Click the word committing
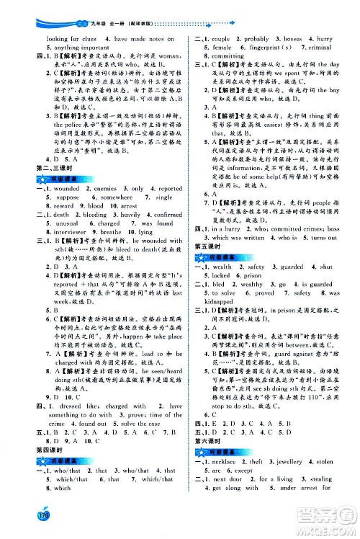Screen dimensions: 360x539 [x=221, y=56]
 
